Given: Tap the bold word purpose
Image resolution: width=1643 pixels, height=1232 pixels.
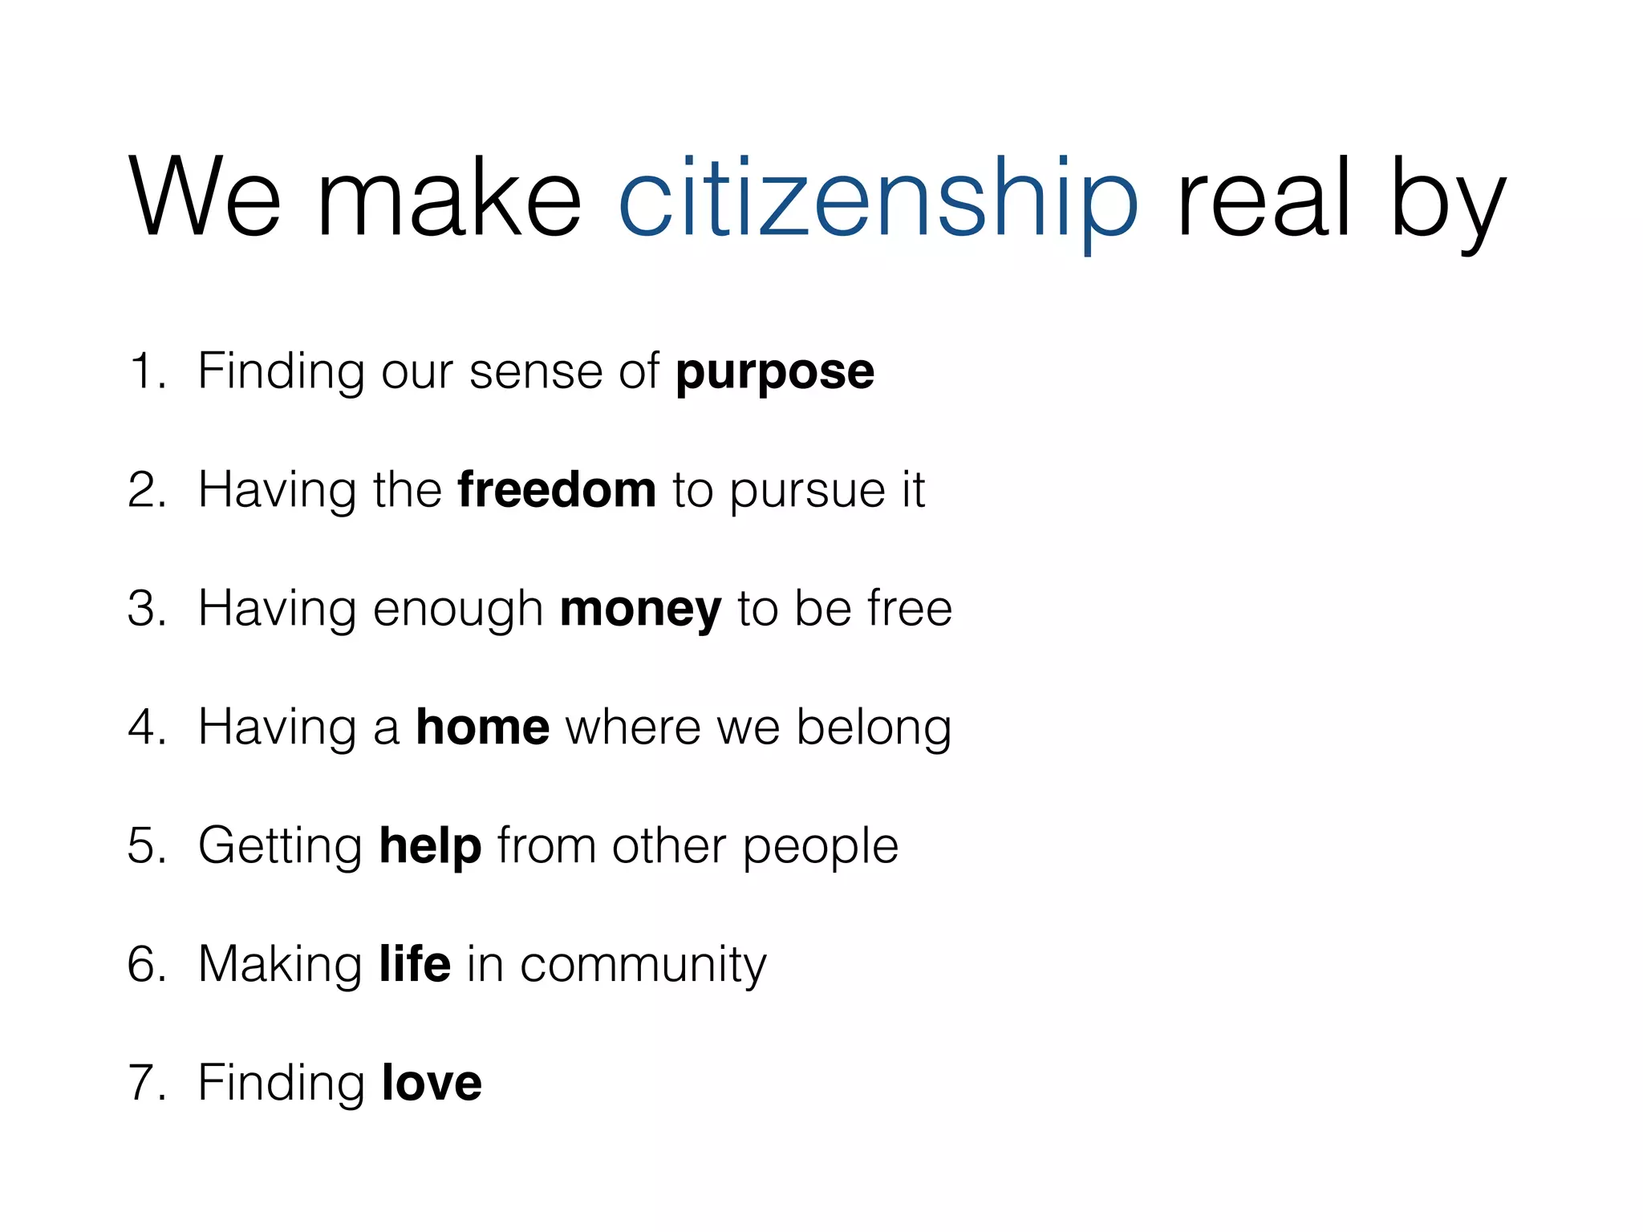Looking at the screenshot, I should pyautogui.click(x=775, y=373).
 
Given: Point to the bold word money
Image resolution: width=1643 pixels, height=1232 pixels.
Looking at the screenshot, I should pyautogui.click(x=640, y=610).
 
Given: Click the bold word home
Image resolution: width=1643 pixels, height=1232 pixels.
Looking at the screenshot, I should pyautogui.click(x=482, y=727).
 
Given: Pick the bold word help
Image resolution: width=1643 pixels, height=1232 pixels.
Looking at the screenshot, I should pyautogui.click(x=430, y=846).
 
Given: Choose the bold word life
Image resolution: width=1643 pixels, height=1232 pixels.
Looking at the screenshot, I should pyautogui.click(x=415, y=963).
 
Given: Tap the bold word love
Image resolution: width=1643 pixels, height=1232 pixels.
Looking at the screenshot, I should pyautogui.click(x=432, y=1082).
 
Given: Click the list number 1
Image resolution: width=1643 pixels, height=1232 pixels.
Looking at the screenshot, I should pyautogui.click(x=144, y=371).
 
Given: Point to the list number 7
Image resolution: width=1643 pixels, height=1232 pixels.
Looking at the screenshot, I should pyautogui.click(x=144, y=1082).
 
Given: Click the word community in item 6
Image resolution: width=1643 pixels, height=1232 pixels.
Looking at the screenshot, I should pyautogui.click(x=643, y=965).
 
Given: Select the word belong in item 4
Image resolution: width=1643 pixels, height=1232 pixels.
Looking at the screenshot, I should pyautogui.click(x=874, y=728).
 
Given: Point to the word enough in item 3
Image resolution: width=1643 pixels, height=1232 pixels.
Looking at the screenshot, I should pyautogui.click(x=458, y=610).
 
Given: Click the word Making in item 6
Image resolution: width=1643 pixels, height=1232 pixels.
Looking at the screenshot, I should pyautogui.click(x=280, y=965).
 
